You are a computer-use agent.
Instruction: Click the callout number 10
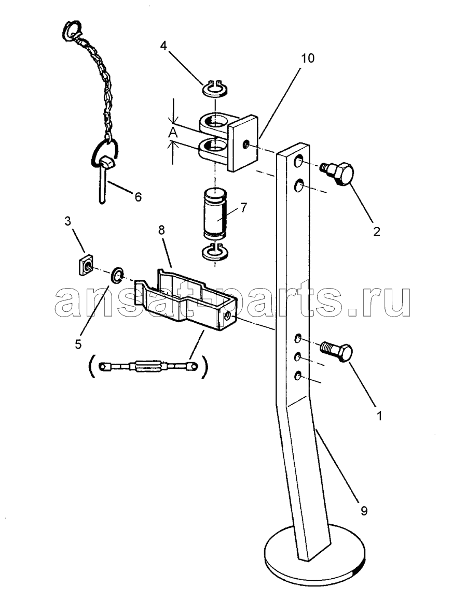307,59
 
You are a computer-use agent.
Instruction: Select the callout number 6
138,197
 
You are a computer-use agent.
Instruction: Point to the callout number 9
364,510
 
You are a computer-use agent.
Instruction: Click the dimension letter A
173,133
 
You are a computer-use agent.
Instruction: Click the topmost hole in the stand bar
299,162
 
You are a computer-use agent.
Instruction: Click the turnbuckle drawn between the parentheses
148,366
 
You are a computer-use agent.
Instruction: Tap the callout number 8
161,231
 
